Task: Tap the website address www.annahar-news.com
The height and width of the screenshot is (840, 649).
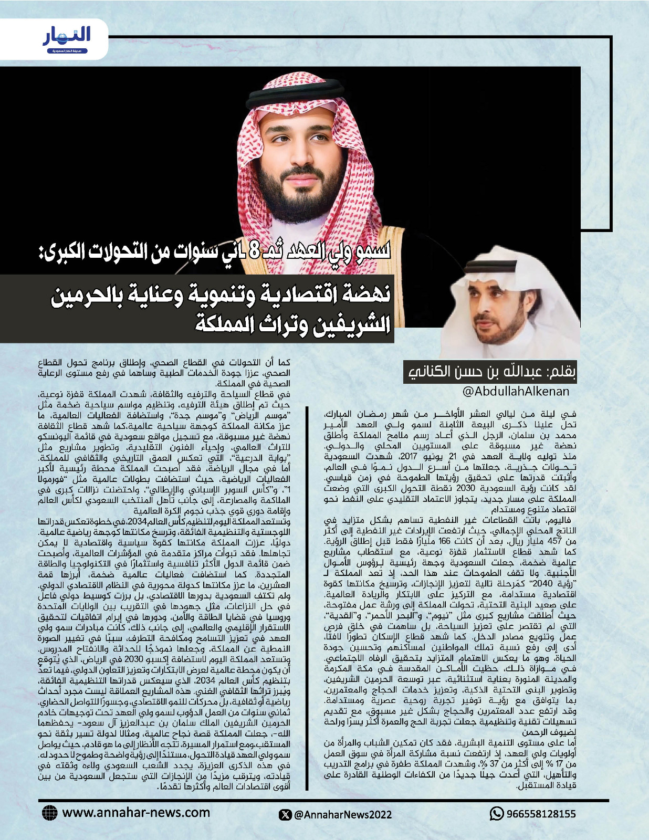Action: [x=136, y=813]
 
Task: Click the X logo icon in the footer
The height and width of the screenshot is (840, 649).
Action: [x=285, y=814]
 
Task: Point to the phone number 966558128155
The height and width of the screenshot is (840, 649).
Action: [x=540, y=814]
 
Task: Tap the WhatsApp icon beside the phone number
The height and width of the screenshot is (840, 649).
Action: [x=496, y=814]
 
